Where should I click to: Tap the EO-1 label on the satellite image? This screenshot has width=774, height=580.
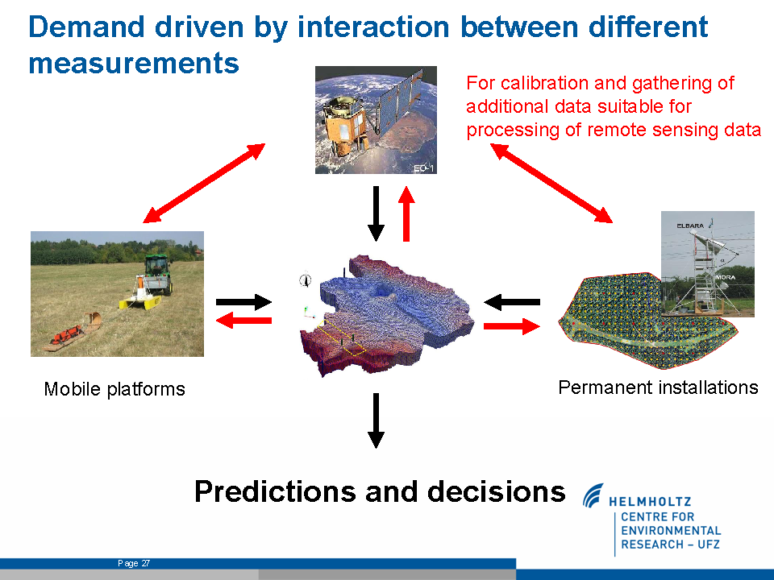click(424, 168)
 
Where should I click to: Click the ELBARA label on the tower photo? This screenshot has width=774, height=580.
click(690, 226)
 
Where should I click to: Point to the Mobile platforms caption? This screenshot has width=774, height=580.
click(114, 389)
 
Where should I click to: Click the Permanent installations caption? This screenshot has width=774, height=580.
click(658, 387)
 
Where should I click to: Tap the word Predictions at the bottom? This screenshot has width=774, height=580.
click(275, 491)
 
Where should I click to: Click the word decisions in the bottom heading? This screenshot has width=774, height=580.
click(496, 491)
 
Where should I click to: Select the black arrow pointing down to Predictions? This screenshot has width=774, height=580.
click(377, 420)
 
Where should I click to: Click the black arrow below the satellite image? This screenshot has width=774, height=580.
click(377, 213)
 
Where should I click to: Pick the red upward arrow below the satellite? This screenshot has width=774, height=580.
click(406, 213)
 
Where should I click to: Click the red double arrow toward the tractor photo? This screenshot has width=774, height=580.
click(204, 183)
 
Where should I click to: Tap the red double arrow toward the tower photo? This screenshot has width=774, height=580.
click(551, 183)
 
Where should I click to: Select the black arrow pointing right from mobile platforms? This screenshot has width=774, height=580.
click(243, 302)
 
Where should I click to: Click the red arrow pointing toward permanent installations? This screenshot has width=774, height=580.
click(512, 326)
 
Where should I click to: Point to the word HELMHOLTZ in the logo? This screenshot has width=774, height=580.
click(650, 502)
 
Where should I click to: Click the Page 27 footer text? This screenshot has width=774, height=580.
click(134, 563)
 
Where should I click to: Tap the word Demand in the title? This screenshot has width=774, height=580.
click(86, 27)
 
